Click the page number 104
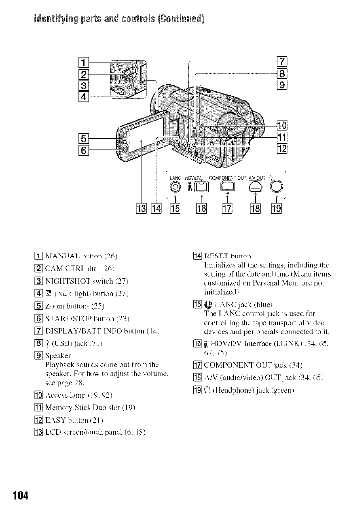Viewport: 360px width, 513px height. point(17,495)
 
